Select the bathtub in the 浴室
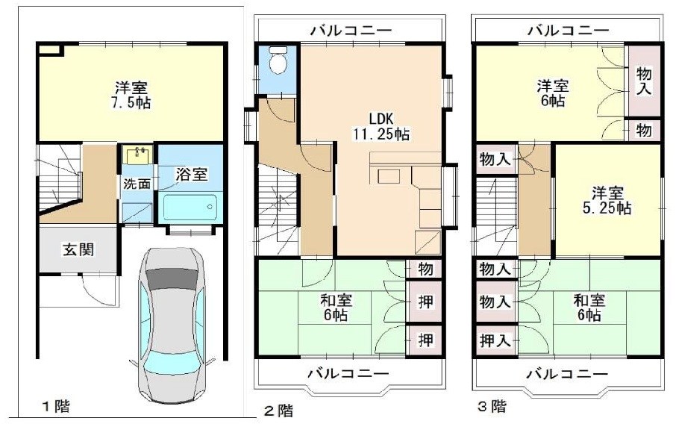point(190,205)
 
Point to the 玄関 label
point(78,249)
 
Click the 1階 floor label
point(56,407)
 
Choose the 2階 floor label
point(278,410)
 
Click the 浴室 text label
point(191,174)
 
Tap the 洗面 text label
point(135,183)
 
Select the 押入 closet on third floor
point(495,340)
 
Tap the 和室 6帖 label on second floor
point(336,308)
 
